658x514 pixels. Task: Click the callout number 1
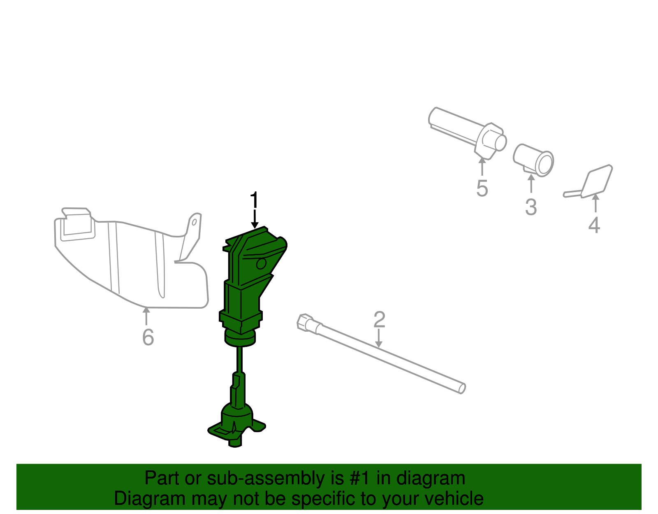point(255,200)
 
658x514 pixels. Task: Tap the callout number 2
point(379,320)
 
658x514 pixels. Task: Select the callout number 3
point(531,207)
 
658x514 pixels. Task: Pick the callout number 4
point(594,225)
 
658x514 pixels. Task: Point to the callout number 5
point(482,188)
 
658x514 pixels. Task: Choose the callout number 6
point(148,337)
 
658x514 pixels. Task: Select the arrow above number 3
point(531,184)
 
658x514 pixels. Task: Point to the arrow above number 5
point(482,166)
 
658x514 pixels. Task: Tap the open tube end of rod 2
point(462,388)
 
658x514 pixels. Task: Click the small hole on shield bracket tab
point(194,222)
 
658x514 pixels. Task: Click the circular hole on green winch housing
point(261,263)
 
